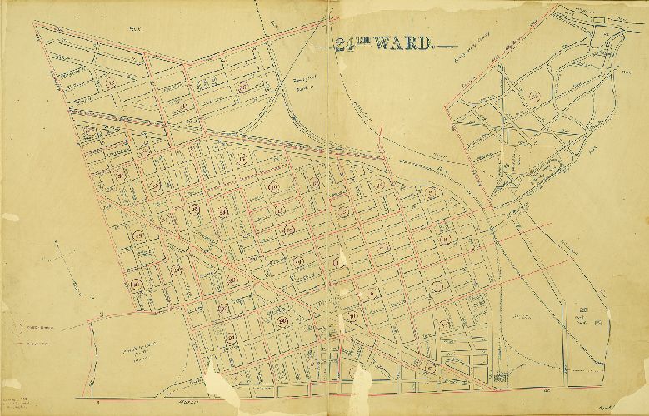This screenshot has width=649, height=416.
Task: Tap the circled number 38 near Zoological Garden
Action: click(242, 86)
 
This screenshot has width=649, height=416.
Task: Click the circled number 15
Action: click(242, 159)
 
